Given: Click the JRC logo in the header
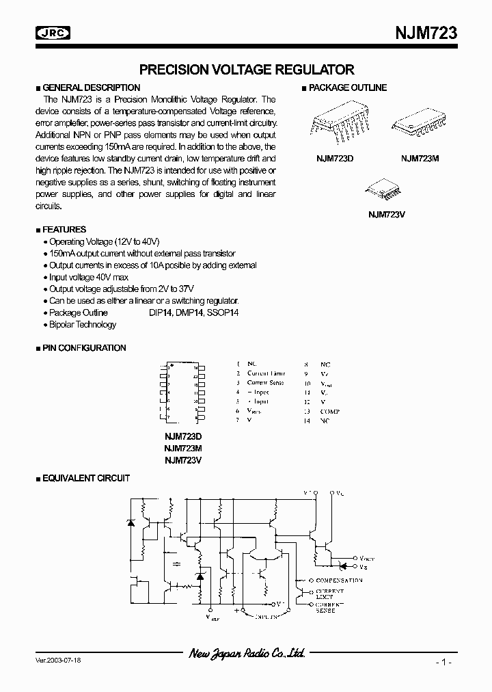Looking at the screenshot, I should pyautogui.click(x=54, y=32).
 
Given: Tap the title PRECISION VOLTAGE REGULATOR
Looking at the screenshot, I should pyautogui.click(x=247, y=69).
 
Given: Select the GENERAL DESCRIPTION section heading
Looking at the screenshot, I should pyautogui.click(x=91, y=88).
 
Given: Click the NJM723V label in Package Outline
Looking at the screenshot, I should pyautogui.click(x=386, y=213).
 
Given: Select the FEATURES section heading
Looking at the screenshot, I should pyautogui.click(x=64, y=230).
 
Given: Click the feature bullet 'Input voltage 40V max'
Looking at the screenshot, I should pyautogui.click(x=88, y=277).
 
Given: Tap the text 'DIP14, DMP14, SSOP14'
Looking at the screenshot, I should pyautogui.click(x=193, y=312).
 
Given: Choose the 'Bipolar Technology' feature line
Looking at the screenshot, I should pyautogui.click(x=83, y=324).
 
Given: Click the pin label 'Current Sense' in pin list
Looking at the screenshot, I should pyautogui.click(x=265, y=383).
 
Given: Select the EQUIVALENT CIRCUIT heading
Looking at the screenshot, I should pyautogui.click(x=85, y=479).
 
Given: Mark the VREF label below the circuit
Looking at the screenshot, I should pyautogui.click(x=213, y=617).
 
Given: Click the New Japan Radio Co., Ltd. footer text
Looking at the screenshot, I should pyautogui.click(x=247, y=654).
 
